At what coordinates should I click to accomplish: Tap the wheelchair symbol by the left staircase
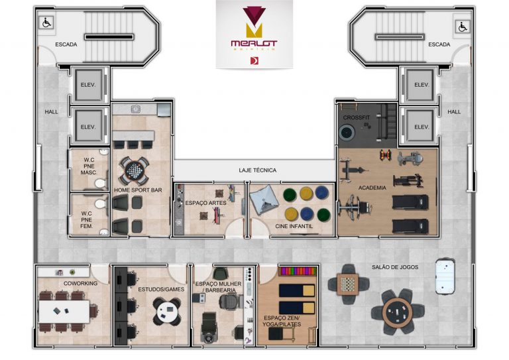(x=47, y=23)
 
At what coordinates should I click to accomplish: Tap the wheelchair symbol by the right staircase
(x=462, y=27)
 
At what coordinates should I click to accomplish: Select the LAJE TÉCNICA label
(x=258, y=170)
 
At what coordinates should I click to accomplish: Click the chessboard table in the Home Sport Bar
(x=133, y=170)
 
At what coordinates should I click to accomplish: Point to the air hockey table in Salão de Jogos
(x=446, y=273)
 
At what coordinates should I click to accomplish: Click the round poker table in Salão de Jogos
(x=396, y=310)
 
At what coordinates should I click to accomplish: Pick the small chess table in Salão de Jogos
(x=347, y=283)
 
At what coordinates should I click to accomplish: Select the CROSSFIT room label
(x=357, y=118)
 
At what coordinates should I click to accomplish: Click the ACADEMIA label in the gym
(x=372, y=188)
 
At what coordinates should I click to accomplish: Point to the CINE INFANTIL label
(x=294, y=226)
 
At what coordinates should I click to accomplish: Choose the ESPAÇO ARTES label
(x=205, y=203)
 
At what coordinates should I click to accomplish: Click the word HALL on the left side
(x=51, y=111)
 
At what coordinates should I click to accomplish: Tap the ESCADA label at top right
(x=439, y=44)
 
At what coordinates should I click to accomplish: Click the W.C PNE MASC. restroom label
(x=89, y=166)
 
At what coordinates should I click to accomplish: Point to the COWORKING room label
(x=80, y=283)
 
